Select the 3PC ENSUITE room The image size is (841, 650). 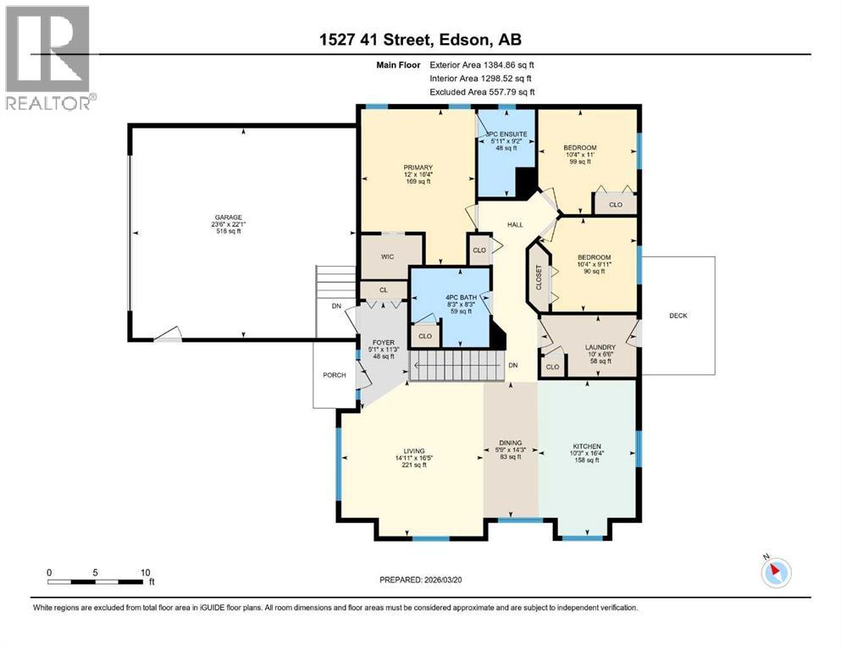tap(506, 135)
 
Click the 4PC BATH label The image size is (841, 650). tap(449, 297)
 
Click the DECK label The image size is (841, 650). tap(678, 316)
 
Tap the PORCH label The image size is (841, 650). tap(334, 375)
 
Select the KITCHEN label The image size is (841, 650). tap(586, 446)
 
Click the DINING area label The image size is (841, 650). tap(510, 443)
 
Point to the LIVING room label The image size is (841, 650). tap(413, 451)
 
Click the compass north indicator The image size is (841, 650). tap(774, 572)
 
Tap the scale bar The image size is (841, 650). tap(96, 581)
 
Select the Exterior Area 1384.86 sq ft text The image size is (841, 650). tap(482, 64)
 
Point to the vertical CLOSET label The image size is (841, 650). tap(538, 278)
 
